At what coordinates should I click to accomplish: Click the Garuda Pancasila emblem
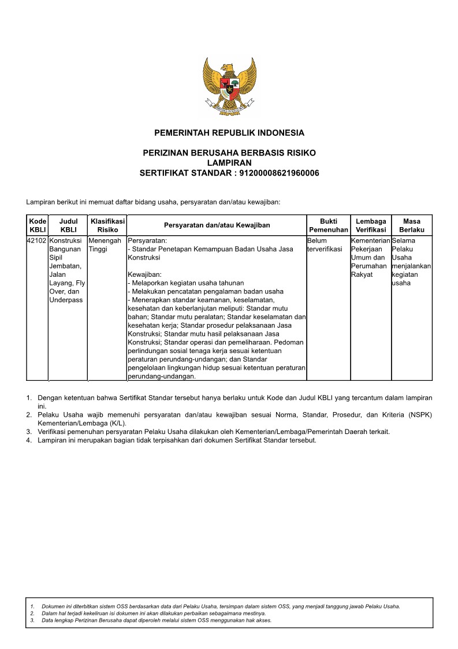pyautogui.click(x=229, y=87)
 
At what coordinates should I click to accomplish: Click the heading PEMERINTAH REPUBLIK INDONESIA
pyautogui.click(x=229, y=133)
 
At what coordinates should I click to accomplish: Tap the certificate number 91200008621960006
pyautogui.click(x=279, y=173)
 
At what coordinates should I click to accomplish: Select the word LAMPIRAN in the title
pyautogui.click(x=229, y=163)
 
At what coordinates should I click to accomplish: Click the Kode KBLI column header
pyautogui.click(x=38, y=225)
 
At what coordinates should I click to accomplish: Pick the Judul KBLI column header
pyautogui.click(x=68, y=225)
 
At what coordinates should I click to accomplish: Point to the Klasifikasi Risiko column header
pyautogui.click(x=107, y=225)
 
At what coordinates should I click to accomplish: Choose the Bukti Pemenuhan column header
pyautogui.click(x=328, y=225)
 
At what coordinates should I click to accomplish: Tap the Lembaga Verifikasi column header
pyautogui.click(x=371, y=225)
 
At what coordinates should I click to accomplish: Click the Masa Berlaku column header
pyautogui.click(x=412, y=225)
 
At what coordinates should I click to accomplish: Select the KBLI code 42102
pyautogui.click(x=37, y=240)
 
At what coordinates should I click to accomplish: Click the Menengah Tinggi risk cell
pyautogui.click(x=105, y=244)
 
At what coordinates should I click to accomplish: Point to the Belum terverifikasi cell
pyautogui.click(x=325, y=244)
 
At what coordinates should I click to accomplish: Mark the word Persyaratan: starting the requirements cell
pyautogui.click(x=147, y=240)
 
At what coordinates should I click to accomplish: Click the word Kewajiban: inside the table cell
pyautogui.click(x=144, y=275)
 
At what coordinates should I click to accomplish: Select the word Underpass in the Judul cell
pyautogui.click(x=66, y=300)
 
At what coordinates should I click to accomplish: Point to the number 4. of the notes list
pyautogui.click(x=29, y=440)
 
